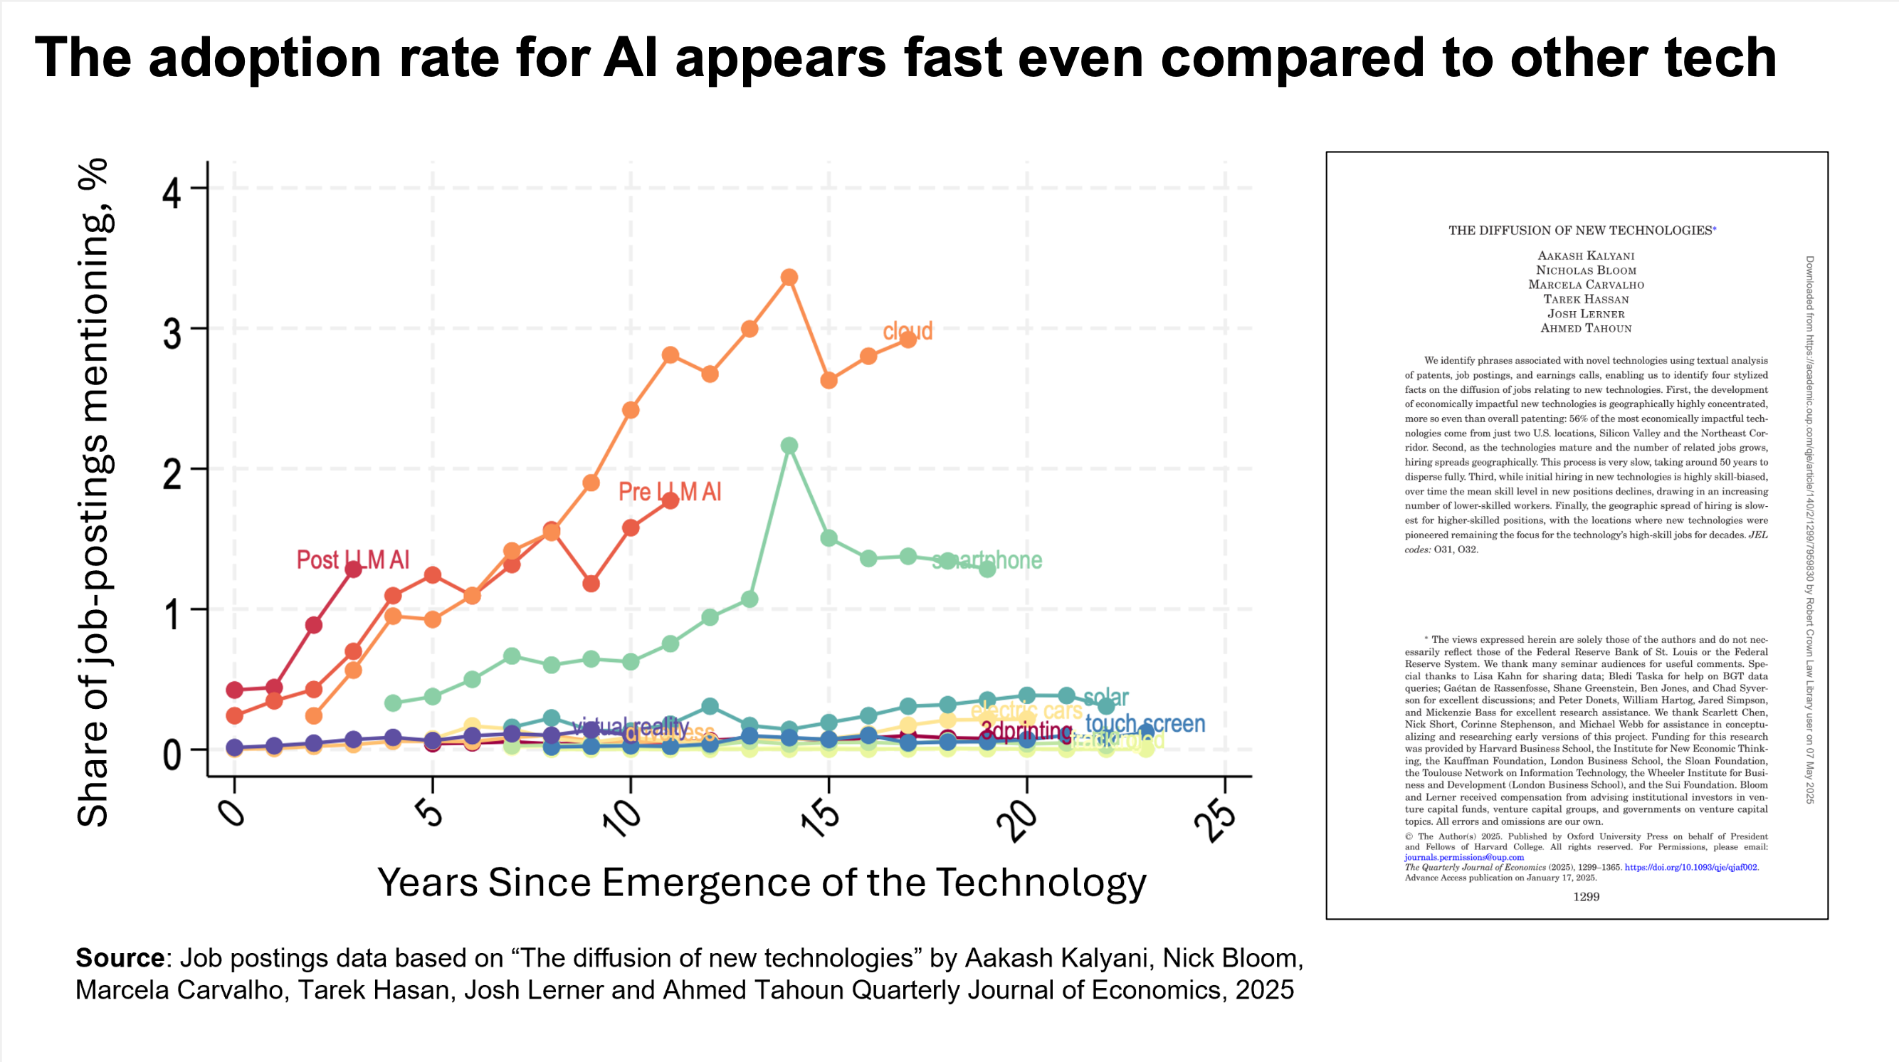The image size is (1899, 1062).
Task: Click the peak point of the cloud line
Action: click(x=789, y=277)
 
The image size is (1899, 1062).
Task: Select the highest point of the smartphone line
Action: click(x=789, y=446)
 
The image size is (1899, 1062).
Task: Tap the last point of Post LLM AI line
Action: click(x=353, y=569)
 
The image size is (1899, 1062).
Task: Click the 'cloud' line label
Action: click(x=908, y=331)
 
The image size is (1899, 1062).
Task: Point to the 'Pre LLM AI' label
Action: click(x=669, y=492)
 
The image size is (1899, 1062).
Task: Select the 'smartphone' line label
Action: click(x=988, y=560)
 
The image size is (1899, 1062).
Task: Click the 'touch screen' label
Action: click(x=1145, y=724)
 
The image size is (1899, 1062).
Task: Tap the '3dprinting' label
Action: click(x=1026, y=731)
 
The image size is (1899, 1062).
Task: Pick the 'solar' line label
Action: click(x=1106, y=696)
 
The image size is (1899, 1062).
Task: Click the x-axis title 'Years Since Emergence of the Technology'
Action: click(x=762, y=882)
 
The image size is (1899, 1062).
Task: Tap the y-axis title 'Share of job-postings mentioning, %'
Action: click(x=94, y=492)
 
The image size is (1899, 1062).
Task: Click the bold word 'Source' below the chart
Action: click(x=120, y=957)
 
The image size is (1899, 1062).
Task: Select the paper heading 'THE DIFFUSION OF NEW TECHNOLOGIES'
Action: click(x=1580, y=231)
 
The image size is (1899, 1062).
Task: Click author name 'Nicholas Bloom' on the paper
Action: click(x=1586, y=270)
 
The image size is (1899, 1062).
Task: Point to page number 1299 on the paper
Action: click(x=1586, y=897)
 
